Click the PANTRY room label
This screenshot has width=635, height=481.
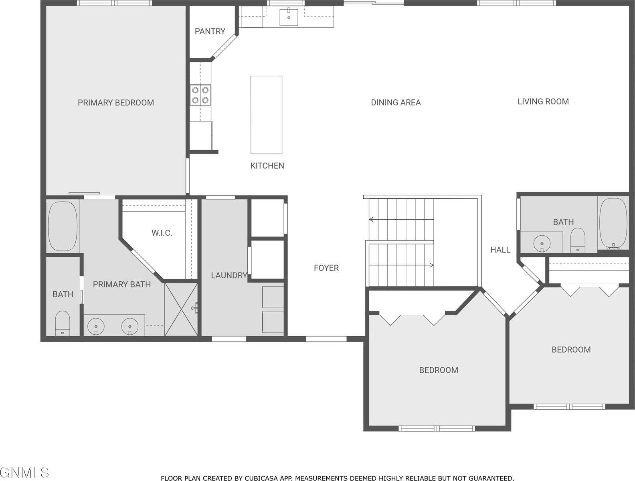(x=210, y=31)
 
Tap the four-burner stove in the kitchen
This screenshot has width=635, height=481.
(x=200, y=95)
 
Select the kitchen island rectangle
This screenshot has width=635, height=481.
(x=266, y=115)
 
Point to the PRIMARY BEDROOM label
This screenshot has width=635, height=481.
(x=115, y=103)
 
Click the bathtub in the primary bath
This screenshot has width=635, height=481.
(x=63, y=226)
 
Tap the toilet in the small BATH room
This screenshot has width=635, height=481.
(x=63, y=322)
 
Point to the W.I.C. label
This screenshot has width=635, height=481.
(x=162, y=233)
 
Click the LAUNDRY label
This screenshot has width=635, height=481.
(x=229, y=275)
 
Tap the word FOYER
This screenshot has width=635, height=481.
(x=326, y=268)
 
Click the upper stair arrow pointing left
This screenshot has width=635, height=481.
(x=372, y=220)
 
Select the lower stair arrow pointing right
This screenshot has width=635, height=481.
(x=431, y=265)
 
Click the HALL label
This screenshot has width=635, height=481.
(x=500, y=250)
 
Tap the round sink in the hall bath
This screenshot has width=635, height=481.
(x=542, y=243)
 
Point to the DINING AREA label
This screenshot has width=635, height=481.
(x=395, y=103)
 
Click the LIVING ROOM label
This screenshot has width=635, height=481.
(x=543, y=101)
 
